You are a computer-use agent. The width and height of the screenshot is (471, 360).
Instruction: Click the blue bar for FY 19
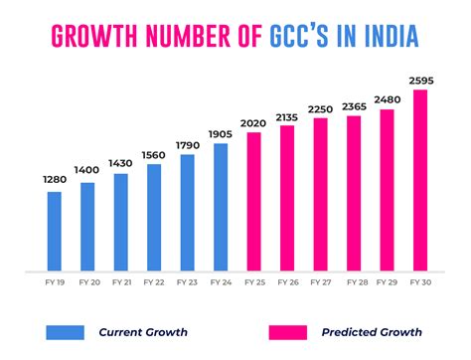(54, 230)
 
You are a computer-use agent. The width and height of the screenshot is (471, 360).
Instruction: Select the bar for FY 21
(120, 221)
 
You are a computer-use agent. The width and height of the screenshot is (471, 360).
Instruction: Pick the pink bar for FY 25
(253, 200)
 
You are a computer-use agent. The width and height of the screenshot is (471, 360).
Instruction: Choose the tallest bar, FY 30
(419, 179)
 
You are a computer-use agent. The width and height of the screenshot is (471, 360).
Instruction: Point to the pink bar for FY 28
(353, 192)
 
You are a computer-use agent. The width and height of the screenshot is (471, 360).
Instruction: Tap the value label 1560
(153, 153)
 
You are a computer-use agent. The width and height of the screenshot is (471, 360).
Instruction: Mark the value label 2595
(419, 80)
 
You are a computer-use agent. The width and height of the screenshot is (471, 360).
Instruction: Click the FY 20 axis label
(87, 283)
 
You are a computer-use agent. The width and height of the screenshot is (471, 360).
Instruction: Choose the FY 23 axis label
(187, 283)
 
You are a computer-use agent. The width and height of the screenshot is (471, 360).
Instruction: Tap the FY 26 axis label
(286, 283)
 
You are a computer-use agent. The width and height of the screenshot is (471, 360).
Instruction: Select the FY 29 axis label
(387, 283)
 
